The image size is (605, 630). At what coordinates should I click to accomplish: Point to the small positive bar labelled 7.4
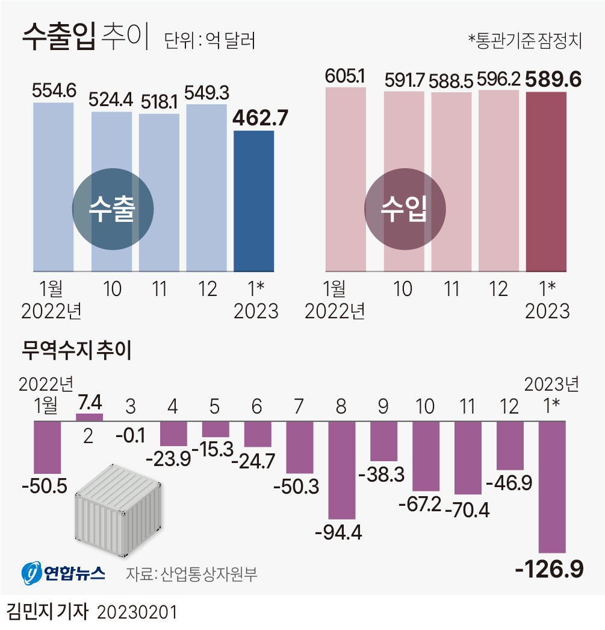(89, 417)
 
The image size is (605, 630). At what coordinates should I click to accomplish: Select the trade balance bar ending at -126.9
(552, 486)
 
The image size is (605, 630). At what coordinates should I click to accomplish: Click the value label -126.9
(550, 569)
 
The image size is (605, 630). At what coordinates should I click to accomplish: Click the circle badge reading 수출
(113, 209)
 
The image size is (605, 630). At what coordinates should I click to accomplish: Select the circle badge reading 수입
(405, 209)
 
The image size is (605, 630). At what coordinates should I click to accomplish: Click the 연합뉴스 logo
(63, 573)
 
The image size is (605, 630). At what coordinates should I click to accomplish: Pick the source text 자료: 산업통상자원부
(191, 573)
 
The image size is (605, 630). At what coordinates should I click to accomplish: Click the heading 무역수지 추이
(76, 350)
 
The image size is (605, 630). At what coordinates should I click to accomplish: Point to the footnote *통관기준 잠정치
(524, 40)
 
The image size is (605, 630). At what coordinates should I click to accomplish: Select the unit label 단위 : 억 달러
(209, 40)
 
